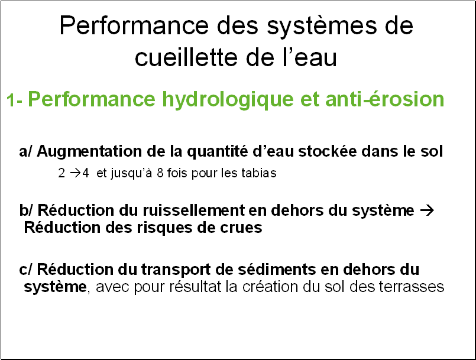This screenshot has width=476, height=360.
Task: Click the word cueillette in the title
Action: [x=185, y=57]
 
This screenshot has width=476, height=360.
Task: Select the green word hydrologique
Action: [x=228, y=100]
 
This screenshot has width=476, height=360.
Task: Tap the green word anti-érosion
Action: [x=384, y=99]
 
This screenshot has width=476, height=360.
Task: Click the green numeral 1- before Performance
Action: [x=14, y=100]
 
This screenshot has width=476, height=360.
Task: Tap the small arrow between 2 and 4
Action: [x=76, y=173]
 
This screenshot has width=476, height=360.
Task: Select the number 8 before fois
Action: [x=160, y=173]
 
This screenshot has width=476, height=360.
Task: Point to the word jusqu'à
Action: [x=131, y=173]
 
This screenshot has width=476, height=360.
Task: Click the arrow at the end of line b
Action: [x=427, y=210]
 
